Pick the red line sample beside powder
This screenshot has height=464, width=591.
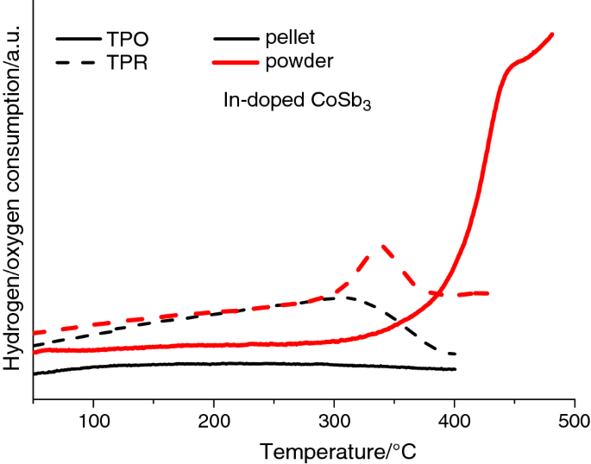(241, 62)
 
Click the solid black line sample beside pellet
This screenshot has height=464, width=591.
(241, 39)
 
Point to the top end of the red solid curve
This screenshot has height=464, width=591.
(551, 34)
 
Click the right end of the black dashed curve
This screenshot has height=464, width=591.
(454, 354)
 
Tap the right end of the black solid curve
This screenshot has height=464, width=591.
(454, 369)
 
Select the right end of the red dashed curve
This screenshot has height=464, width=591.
(488, 293)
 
